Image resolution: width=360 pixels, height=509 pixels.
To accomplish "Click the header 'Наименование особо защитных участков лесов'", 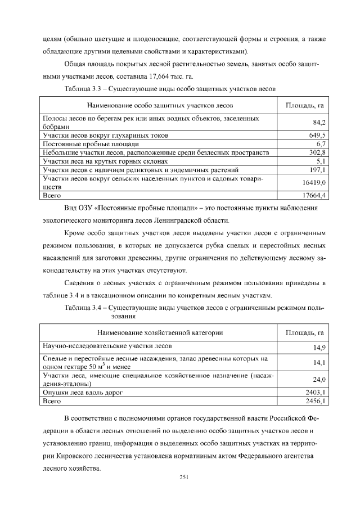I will click(160, 105).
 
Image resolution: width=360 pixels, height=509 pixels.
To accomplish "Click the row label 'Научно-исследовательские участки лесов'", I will click(107, 345).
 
